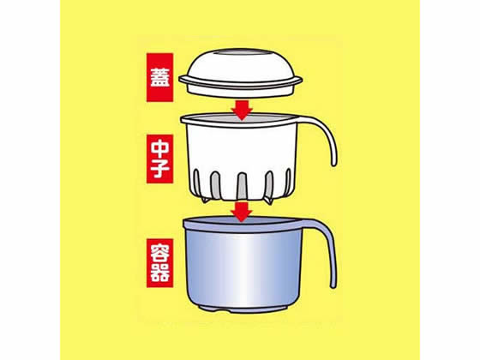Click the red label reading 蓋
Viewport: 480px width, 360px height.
click(x=159, y=77)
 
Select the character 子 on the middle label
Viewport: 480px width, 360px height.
click(x=159, y=169)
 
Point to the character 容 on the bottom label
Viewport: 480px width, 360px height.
click(x=159, y=253)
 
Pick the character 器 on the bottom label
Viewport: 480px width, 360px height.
click(x=159, y=273)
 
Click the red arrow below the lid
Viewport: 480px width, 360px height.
click(x=242, y=110)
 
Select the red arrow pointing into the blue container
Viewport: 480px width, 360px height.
click(x=242, y=212)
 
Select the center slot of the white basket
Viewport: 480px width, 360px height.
click(x=242, y=186)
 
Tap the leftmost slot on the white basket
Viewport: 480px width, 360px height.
click(x=196, y=182)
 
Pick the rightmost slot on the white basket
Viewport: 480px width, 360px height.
click(x=288, y=182)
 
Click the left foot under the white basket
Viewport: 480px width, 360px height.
click(x=206, y=200)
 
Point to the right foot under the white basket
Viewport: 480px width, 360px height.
click(x=268, y=201)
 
